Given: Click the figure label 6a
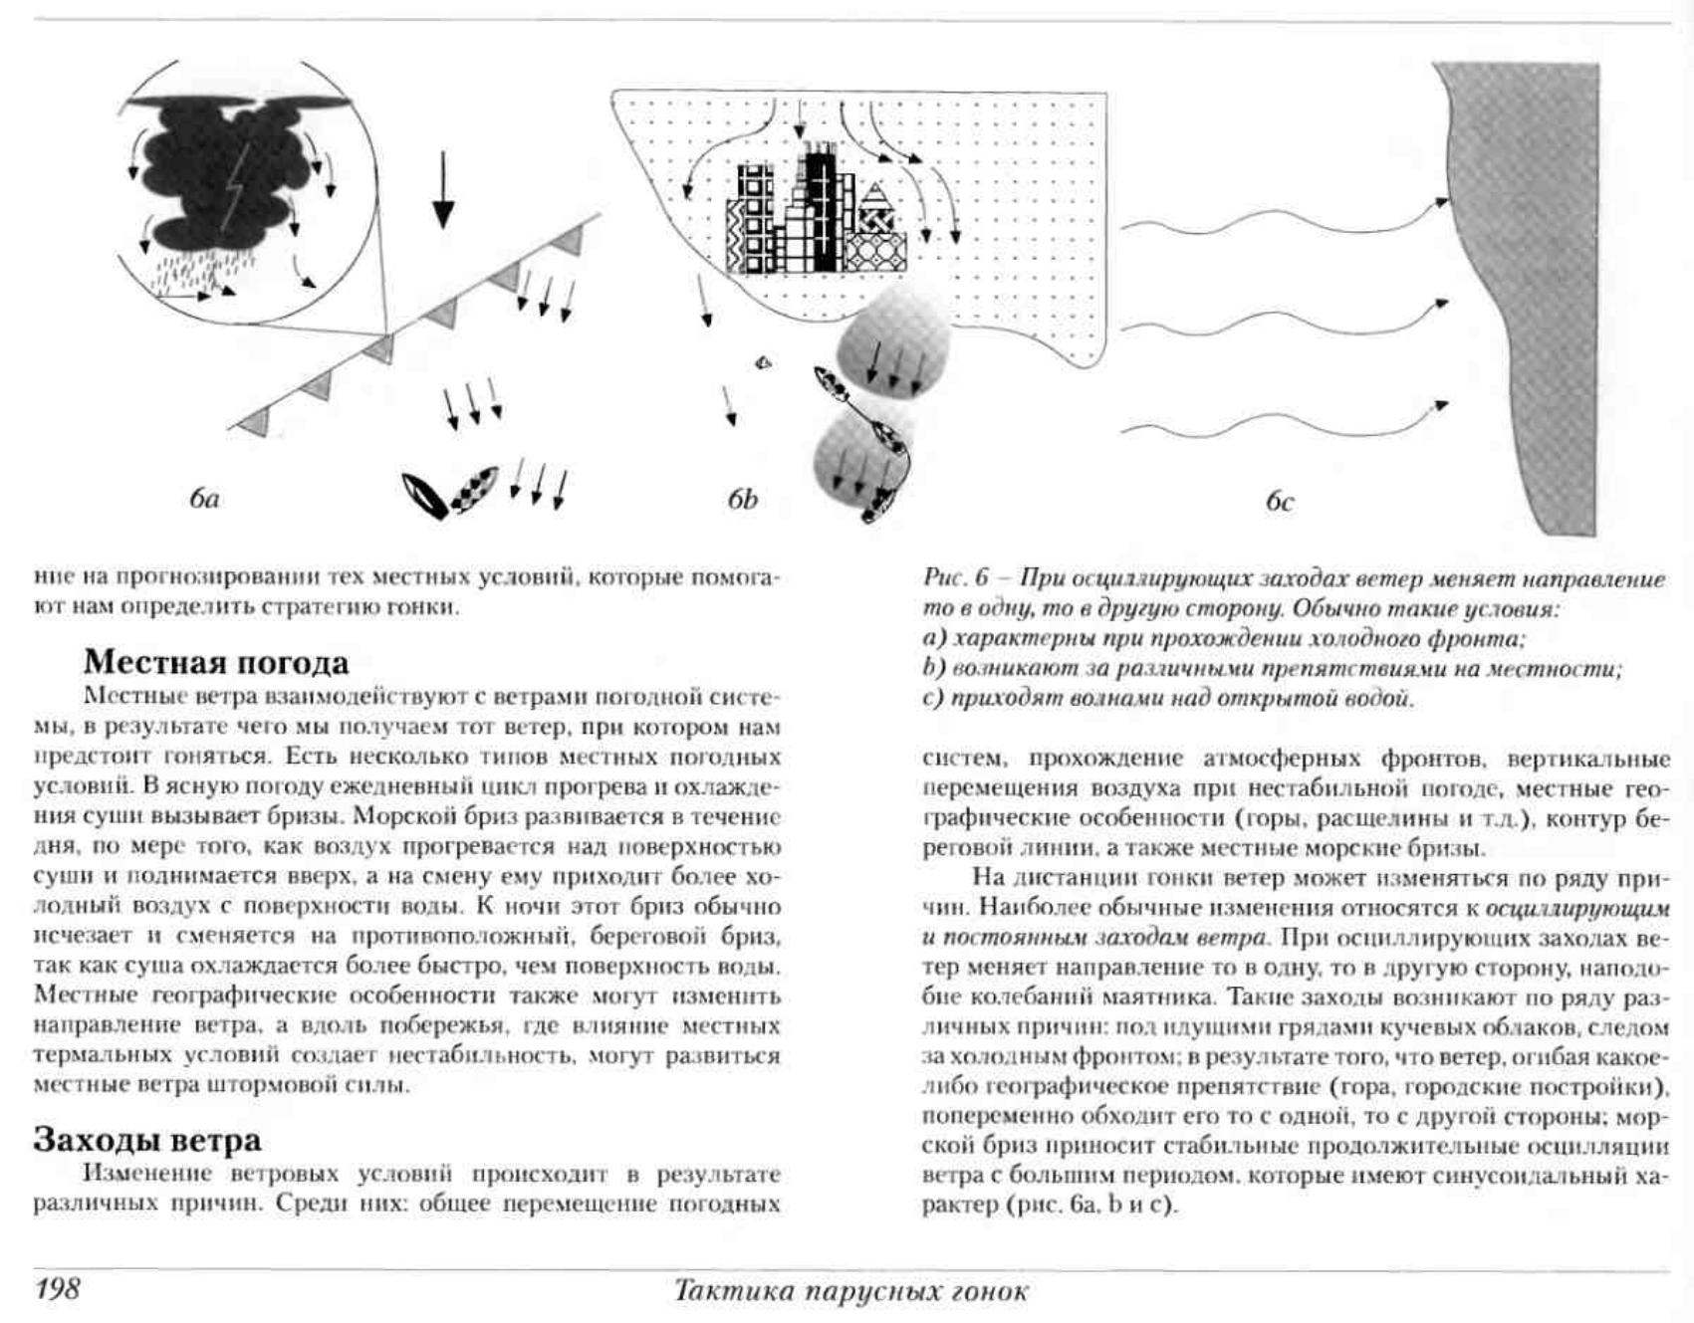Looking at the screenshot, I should pyautogui.click(x=204, y=499).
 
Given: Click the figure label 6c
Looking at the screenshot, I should pyautogui.click(x=1280, y=502).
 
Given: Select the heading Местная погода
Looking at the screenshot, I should pyautogui.click(x=216, y=662).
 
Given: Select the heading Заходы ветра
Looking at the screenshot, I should pyautogui.click(x=147, y=1139).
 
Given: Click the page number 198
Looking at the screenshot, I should pyautogui.click(x=58, y=1289).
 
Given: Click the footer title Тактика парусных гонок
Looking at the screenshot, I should pyautogui.click(x=850, y=1291).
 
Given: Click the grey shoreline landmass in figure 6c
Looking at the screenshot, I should pyautogui.click(x=1544, y=299).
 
